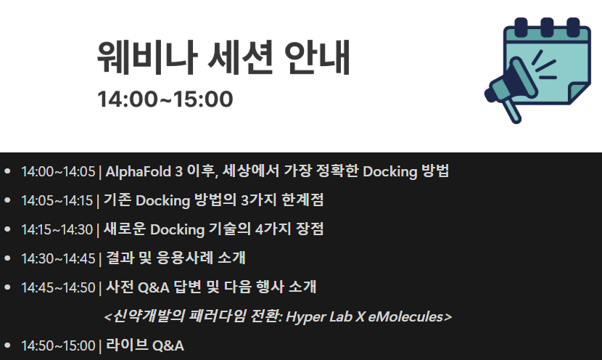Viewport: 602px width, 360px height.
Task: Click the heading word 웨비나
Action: coord(147,57)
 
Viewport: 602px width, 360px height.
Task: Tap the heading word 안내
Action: coord(317,57)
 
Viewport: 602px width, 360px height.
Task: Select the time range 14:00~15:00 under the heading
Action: coord(165,99)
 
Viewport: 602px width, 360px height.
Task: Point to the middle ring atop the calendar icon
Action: coord(547,27)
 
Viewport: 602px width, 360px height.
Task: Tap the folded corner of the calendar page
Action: coord(578,92)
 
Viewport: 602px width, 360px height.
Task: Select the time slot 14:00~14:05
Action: coord(58,172)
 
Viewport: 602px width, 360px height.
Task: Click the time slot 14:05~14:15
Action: coord(57,200)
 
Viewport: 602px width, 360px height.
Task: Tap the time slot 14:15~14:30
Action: coord(57,230)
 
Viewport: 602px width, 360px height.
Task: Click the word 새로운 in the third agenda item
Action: coord(125,229)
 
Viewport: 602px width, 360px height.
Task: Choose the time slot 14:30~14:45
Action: coord(58,258)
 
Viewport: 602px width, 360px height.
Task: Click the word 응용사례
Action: coord(185,258)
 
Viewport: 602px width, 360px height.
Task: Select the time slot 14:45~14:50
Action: coord(58,287)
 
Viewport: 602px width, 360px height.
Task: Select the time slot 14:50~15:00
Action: coord(58,345)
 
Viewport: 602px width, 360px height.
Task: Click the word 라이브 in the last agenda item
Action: coord(127,345)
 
